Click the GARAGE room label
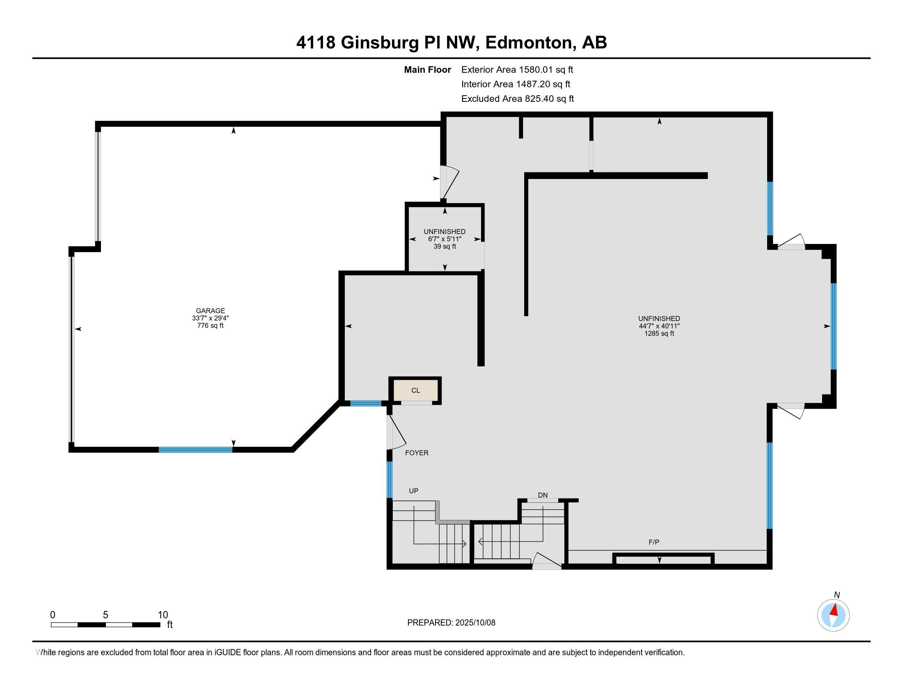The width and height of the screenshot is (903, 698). click(x=211, y=310)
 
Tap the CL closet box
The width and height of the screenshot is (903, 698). click(x=415, y=390)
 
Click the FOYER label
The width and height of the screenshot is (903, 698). click(x=416, y=453)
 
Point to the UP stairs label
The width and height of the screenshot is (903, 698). click(x=413, y=491)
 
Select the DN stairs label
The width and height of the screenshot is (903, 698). click(x=543, y=495)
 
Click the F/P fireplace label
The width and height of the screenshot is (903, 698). click(x=654, y=542)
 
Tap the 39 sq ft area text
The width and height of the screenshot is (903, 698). click(x=445, y=246)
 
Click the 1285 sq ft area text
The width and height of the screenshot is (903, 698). click(x=659, y=333)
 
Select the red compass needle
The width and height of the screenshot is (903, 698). click(x=834, y=610)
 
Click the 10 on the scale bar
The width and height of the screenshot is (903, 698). click(x=163, y=615)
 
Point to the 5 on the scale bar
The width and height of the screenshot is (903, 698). click(x=105, y=615)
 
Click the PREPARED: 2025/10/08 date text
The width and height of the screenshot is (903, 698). click(x=451, y=622)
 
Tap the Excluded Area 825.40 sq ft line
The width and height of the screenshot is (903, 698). click(x=517, y=99)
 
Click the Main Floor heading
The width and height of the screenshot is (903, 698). click(x=427, y=70)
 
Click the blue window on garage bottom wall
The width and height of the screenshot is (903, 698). click(x=195, y=450)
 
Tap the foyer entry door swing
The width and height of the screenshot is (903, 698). click(x=396, y=432)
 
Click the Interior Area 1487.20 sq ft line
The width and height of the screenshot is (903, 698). click(x=516, y=84)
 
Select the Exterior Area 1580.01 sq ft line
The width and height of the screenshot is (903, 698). click(x=517, y=70)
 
